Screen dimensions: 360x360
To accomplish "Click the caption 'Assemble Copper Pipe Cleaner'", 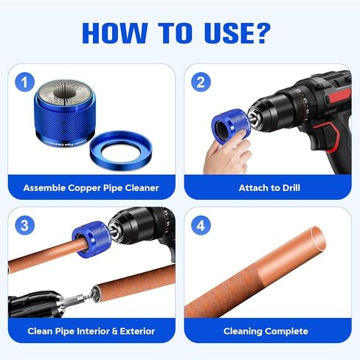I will [91, 187].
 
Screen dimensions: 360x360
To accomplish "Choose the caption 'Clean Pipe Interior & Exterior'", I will [91, 331].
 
